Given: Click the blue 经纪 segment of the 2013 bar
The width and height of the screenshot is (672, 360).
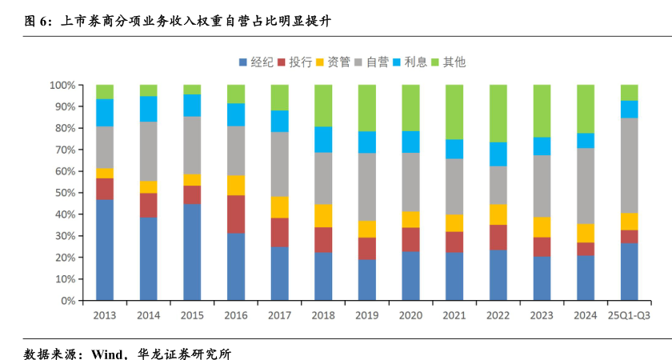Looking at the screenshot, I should (x=104, y=250).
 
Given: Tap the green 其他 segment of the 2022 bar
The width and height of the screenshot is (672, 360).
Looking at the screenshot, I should (x=498, y=113).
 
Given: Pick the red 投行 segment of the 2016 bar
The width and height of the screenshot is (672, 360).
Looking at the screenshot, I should (x=235, y=214).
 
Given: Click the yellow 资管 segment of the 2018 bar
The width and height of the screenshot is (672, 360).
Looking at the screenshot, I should (x=323, y=216).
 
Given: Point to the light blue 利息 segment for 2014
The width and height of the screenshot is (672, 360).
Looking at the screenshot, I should (x=148, y=109).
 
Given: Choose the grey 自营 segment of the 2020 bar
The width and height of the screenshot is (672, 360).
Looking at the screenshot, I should (x=410, y=182).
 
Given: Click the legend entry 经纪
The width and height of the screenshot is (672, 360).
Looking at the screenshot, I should (x=256, y=62).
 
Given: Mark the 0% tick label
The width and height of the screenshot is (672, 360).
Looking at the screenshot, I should (x=67, y=302).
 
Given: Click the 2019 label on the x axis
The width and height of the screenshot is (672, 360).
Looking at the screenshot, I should (x=366, y=315).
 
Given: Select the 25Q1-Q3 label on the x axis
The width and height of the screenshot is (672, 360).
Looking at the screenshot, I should (x=629, y=315).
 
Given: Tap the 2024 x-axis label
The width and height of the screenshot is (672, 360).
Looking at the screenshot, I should (x=585, y=315).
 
